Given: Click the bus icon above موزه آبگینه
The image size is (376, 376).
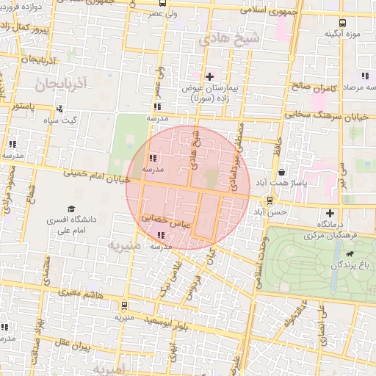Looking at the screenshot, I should click(343, 22).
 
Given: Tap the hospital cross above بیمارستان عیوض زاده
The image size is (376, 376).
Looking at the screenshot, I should click(209, 76).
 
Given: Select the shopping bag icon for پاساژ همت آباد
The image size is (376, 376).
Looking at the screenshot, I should click(282, 170).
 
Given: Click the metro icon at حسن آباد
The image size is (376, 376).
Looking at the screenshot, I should click(270, 200).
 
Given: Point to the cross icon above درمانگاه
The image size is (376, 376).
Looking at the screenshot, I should click(329, 213).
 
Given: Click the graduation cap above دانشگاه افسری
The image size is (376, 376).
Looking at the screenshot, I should click(71, 209).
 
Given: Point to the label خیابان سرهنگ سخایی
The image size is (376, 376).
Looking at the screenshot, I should click(321, 114).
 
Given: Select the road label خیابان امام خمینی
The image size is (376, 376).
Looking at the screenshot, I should click(96, 176).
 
